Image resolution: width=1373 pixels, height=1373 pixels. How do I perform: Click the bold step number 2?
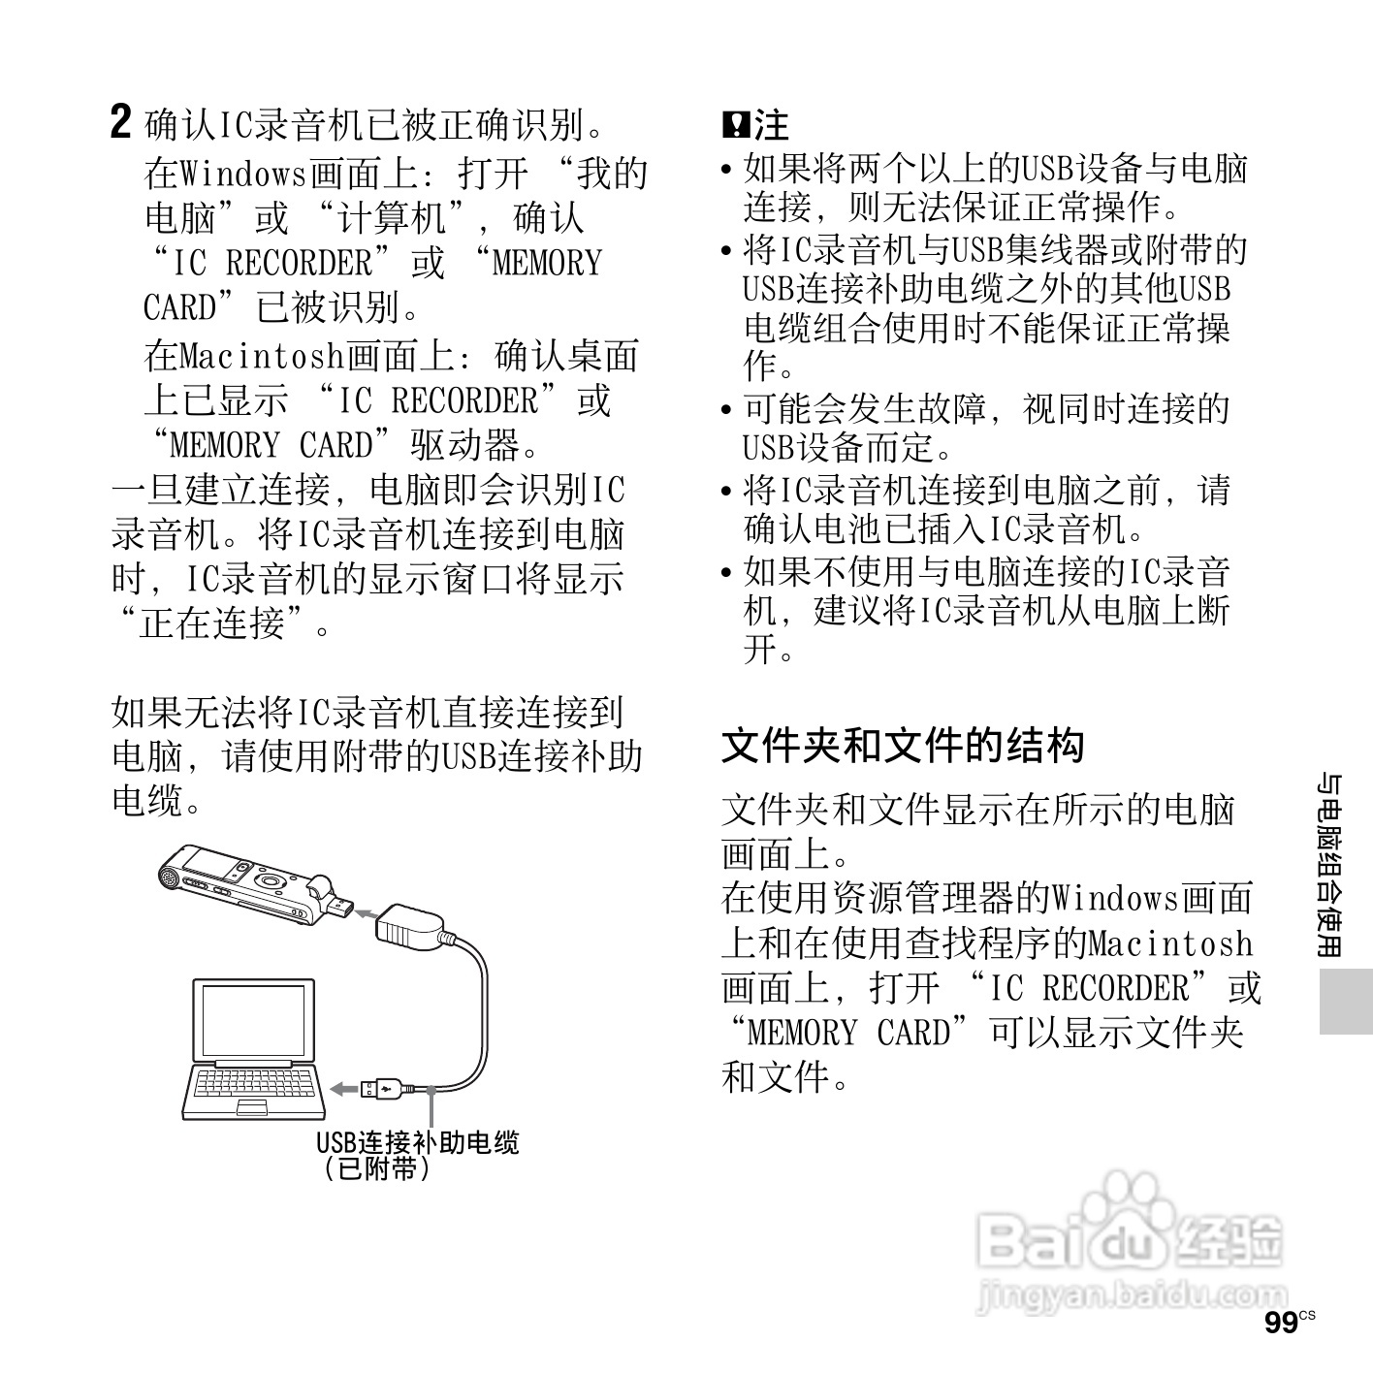120,123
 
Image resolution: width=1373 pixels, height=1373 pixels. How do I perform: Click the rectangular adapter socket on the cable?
409,924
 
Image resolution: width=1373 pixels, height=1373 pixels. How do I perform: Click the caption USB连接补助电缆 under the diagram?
418,1142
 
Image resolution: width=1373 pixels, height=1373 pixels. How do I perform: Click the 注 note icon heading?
755,125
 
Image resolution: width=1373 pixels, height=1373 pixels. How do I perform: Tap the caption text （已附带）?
377,1168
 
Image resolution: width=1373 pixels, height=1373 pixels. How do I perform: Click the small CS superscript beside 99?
1308,1315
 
